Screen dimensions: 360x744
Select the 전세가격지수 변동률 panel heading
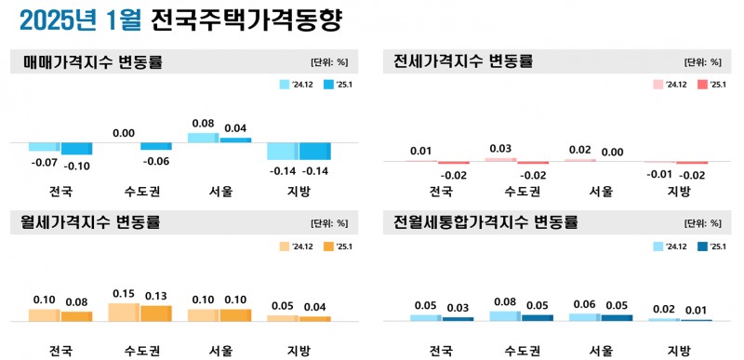pyautogui.click(x=463, y=62)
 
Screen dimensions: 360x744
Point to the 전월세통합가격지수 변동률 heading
pyautogui.click(x=485, y=223)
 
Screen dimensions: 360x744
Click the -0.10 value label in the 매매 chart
pyautogui.click(x=77, y=167)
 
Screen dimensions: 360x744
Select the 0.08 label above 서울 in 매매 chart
pyautogui.click(x=204, y=123)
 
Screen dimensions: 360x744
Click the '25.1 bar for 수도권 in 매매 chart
pyautogui.click(x=156, y=146)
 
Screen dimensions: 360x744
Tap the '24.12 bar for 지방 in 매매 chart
pyautogui.click(x=283, y=152)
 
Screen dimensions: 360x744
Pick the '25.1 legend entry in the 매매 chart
pyautogui.click(x=335, y=86)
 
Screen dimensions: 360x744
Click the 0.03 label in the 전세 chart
pyautogui.click(x=500, y=149)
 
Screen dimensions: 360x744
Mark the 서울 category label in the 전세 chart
pyautogui.click(x=601, y=192)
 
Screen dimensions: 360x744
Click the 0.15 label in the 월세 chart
pyautogui.click(x=124, y=294)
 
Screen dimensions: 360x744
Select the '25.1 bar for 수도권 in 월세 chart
pyautogui.click(x=156, y=313)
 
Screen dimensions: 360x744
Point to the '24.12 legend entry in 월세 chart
pyautogui.click(x=297, y=247)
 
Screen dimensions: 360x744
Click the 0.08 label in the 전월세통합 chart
pyautogui.click(x=504, y=301)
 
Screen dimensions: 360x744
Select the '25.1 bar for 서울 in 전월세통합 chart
pyautogui.click(x=617, y=317)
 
